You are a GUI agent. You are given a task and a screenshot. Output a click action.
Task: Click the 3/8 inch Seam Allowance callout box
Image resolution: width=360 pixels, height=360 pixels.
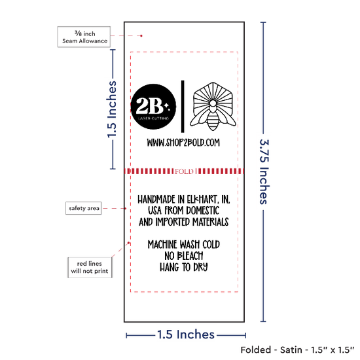point(84,37)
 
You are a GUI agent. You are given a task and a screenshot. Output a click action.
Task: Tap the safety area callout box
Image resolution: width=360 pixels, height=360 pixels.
point(84,208)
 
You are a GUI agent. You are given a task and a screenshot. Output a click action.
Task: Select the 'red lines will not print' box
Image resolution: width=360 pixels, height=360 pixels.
point(90,268)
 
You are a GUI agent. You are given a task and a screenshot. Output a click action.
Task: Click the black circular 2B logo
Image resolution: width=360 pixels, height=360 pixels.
point(153,107)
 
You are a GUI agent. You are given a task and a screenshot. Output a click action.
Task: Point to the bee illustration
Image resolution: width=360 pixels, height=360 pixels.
point(213,107)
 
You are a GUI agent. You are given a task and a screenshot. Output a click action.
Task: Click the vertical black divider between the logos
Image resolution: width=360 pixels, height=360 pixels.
point(183,107)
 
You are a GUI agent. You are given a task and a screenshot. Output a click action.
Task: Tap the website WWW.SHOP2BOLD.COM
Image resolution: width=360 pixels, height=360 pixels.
point(183,143)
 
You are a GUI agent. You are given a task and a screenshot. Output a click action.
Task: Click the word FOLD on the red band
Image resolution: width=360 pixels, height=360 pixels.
point(184,171)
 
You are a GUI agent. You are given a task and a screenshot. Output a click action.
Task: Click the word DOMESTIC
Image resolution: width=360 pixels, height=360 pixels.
point(203,211)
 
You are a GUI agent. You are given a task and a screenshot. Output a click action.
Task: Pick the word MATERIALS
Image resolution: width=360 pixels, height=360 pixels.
point(211,222)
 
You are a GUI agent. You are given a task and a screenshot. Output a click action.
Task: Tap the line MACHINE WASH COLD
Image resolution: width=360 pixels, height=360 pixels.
point(184,244)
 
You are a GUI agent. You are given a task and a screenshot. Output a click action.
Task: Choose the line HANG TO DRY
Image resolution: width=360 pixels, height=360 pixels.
point(184,267)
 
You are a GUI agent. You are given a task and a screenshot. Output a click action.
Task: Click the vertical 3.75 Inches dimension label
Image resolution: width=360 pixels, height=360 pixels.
point(264,171)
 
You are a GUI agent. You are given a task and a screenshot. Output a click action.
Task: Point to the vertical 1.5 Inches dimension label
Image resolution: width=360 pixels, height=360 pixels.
point(112,109)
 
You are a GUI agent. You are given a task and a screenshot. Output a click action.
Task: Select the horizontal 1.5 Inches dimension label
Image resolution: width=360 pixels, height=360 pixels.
point(186,334)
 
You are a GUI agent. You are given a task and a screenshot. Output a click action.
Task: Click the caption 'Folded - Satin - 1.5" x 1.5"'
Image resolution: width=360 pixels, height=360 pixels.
point(297,350)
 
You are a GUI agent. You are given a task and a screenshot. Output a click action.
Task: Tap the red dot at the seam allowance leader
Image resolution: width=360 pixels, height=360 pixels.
point(141,36)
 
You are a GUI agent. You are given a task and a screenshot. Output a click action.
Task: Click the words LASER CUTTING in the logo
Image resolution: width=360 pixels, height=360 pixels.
point(153,118)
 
